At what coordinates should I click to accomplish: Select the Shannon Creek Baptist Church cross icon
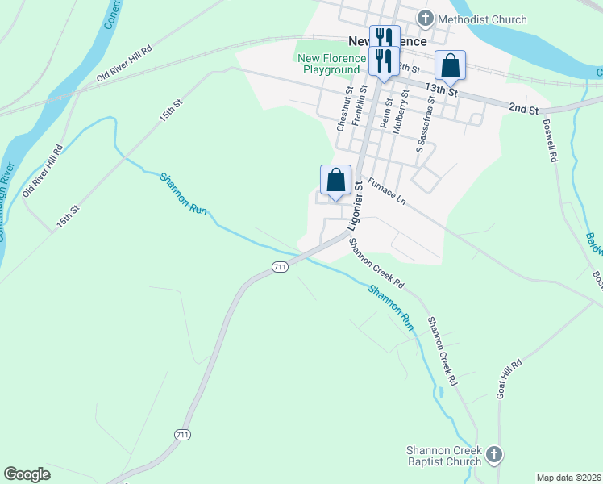click(x=494, y=455)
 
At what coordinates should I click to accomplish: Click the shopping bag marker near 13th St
click(x=451, y=65)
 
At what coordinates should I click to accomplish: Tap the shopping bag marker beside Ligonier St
click(x=336, y=180)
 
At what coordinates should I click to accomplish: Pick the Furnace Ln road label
click(x=386, y=191)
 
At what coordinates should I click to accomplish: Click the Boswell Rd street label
click(x=551, y=143)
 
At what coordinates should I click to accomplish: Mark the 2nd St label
click(x=522, y=107)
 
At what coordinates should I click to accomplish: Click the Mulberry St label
click(x=405, y=110)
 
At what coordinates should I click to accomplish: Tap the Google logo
click(x=27, y=474)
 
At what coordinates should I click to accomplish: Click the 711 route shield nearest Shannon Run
click(x=279, y=267)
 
